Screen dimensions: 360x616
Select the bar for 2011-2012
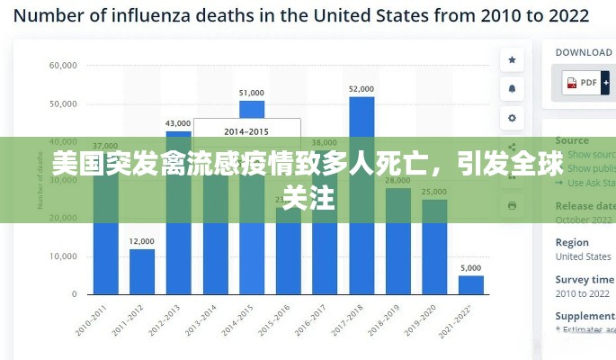pos(142,271)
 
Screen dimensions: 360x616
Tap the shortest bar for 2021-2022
pos(471,284)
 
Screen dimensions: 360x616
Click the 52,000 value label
pos(362,89)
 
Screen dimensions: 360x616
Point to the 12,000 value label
pos(142,241)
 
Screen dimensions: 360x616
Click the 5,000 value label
pos(471,267)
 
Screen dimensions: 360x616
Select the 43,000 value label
pos(178,123)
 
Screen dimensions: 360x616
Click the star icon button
pos(512,60)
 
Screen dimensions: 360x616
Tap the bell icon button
pos(512,88)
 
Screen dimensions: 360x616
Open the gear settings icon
pos(512,117)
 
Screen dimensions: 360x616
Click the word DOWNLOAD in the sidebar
pos(584,52)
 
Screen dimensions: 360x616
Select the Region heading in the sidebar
pos(572,242)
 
